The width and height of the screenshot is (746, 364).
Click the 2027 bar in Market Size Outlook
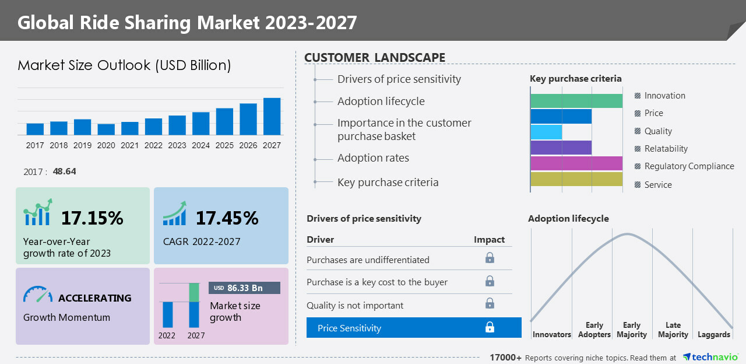[272, 117]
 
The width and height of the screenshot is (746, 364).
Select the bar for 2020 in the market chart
[106, 129]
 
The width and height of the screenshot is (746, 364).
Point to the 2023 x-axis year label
[177, 145]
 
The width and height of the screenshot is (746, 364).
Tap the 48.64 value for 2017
[64, 171]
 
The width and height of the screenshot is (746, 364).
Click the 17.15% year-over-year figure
[92, 218]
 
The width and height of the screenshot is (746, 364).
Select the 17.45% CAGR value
[227, 218]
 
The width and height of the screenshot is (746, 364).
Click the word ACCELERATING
[94, 298]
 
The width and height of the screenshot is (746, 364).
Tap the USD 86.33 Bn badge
[244, 288]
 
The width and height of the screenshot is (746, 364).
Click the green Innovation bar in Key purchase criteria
[576, 101]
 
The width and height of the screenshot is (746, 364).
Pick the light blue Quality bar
[546, 132]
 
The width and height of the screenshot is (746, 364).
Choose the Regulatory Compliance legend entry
[689, 166]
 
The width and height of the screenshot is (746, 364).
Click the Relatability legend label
[666, 149]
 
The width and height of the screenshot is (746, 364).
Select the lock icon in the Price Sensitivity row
[490, 327]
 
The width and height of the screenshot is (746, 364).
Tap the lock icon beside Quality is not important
[490, 303]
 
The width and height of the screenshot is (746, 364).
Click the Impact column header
[489, 240]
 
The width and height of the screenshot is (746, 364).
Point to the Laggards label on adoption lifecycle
[713, 334]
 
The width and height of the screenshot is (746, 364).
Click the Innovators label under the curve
[551, 334]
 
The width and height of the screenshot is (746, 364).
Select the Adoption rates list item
[373, 158]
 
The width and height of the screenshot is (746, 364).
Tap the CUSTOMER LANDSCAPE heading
[375, 58]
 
